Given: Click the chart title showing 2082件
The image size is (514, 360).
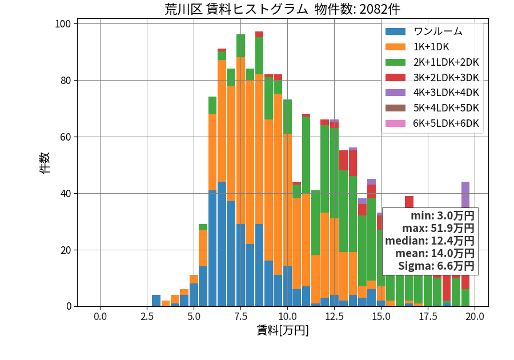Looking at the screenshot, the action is coord(282,9).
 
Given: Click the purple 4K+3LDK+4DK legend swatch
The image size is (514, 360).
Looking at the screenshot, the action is coord(395,93).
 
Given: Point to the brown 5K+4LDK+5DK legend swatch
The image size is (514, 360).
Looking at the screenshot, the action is coord(395,108).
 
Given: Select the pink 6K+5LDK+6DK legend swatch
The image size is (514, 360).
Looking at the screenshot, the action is coord(395,123).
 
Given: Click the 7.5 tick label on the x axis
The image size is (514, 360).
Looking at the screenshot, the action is coord(240,317).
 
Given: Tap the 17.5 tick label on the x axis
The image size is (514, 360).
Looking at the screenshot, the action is coord(428,317).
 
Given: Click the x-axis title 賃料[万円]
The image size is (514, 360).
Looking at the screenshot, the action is coord(283,330).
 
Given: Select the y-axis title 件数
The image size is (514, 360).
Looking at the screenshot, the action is coord(45,163).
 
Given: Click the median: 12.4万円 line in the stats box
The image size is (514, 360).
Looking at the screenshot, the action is coord(429,241).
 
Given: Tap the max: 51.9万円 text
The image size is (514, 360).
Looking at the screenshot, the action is coord(438,228).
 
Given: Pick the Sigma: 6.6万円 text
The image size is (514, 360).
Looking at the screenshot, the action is coord(436,266).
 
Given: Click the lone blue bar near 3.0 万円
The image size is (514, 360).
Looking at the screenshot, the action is coord(156,301).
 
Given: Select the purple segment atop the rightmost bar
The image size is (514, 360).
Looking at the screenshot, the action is coord(465,195).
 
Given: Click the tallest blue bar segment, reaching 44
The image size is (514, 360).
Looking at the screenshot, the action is coord(222,244).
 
